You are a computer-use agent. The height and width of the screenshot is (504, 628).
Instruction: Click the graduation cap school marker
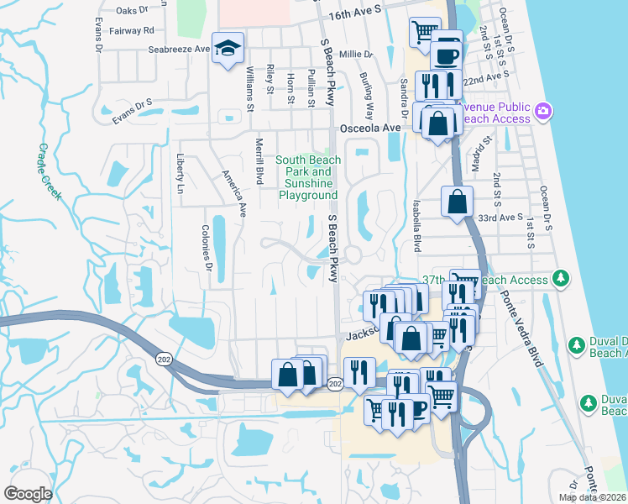pyautogui.click(x=227, y=48)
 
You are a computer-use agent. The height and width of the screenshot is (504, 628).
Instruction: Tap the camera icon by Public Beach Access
pyautogui.click(x=543, y=111)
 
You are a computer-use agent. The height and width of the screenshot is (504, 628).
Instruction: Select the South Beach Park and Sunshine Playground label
pyautogui.click(x=308, y=177)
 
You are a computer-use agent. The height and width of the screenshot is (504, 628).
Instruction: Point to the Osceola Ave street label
pyautogui.click(x=370, y=129)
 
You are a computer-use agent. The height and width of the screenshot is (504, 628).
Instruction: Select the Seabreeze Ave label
pyautogui.click(x=179, y=50)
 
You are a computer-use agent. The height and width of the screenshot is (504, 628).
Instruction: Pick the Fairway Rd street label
pyautogui.click(x=137, y=30)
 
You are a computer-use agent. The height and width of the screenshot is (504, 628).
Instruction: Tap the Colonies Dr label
pyautogui.click(x=206, y=247)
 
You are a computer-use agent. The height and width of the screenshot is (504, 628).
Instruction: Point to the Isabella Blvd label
pyautogui.click(x=416, y=227)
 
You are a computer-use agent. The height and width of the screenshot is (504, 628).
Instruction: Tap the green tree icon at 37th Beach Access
pyautogui.click(x=561, y=278)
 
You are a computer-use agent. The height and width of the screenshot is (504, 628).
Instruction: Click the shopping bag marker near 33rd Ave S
pyautogui.click(x=457, y=202)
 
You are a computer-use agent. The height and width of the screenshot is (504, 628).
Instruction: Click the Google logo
pyautogui.click(x=28, y=494)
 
